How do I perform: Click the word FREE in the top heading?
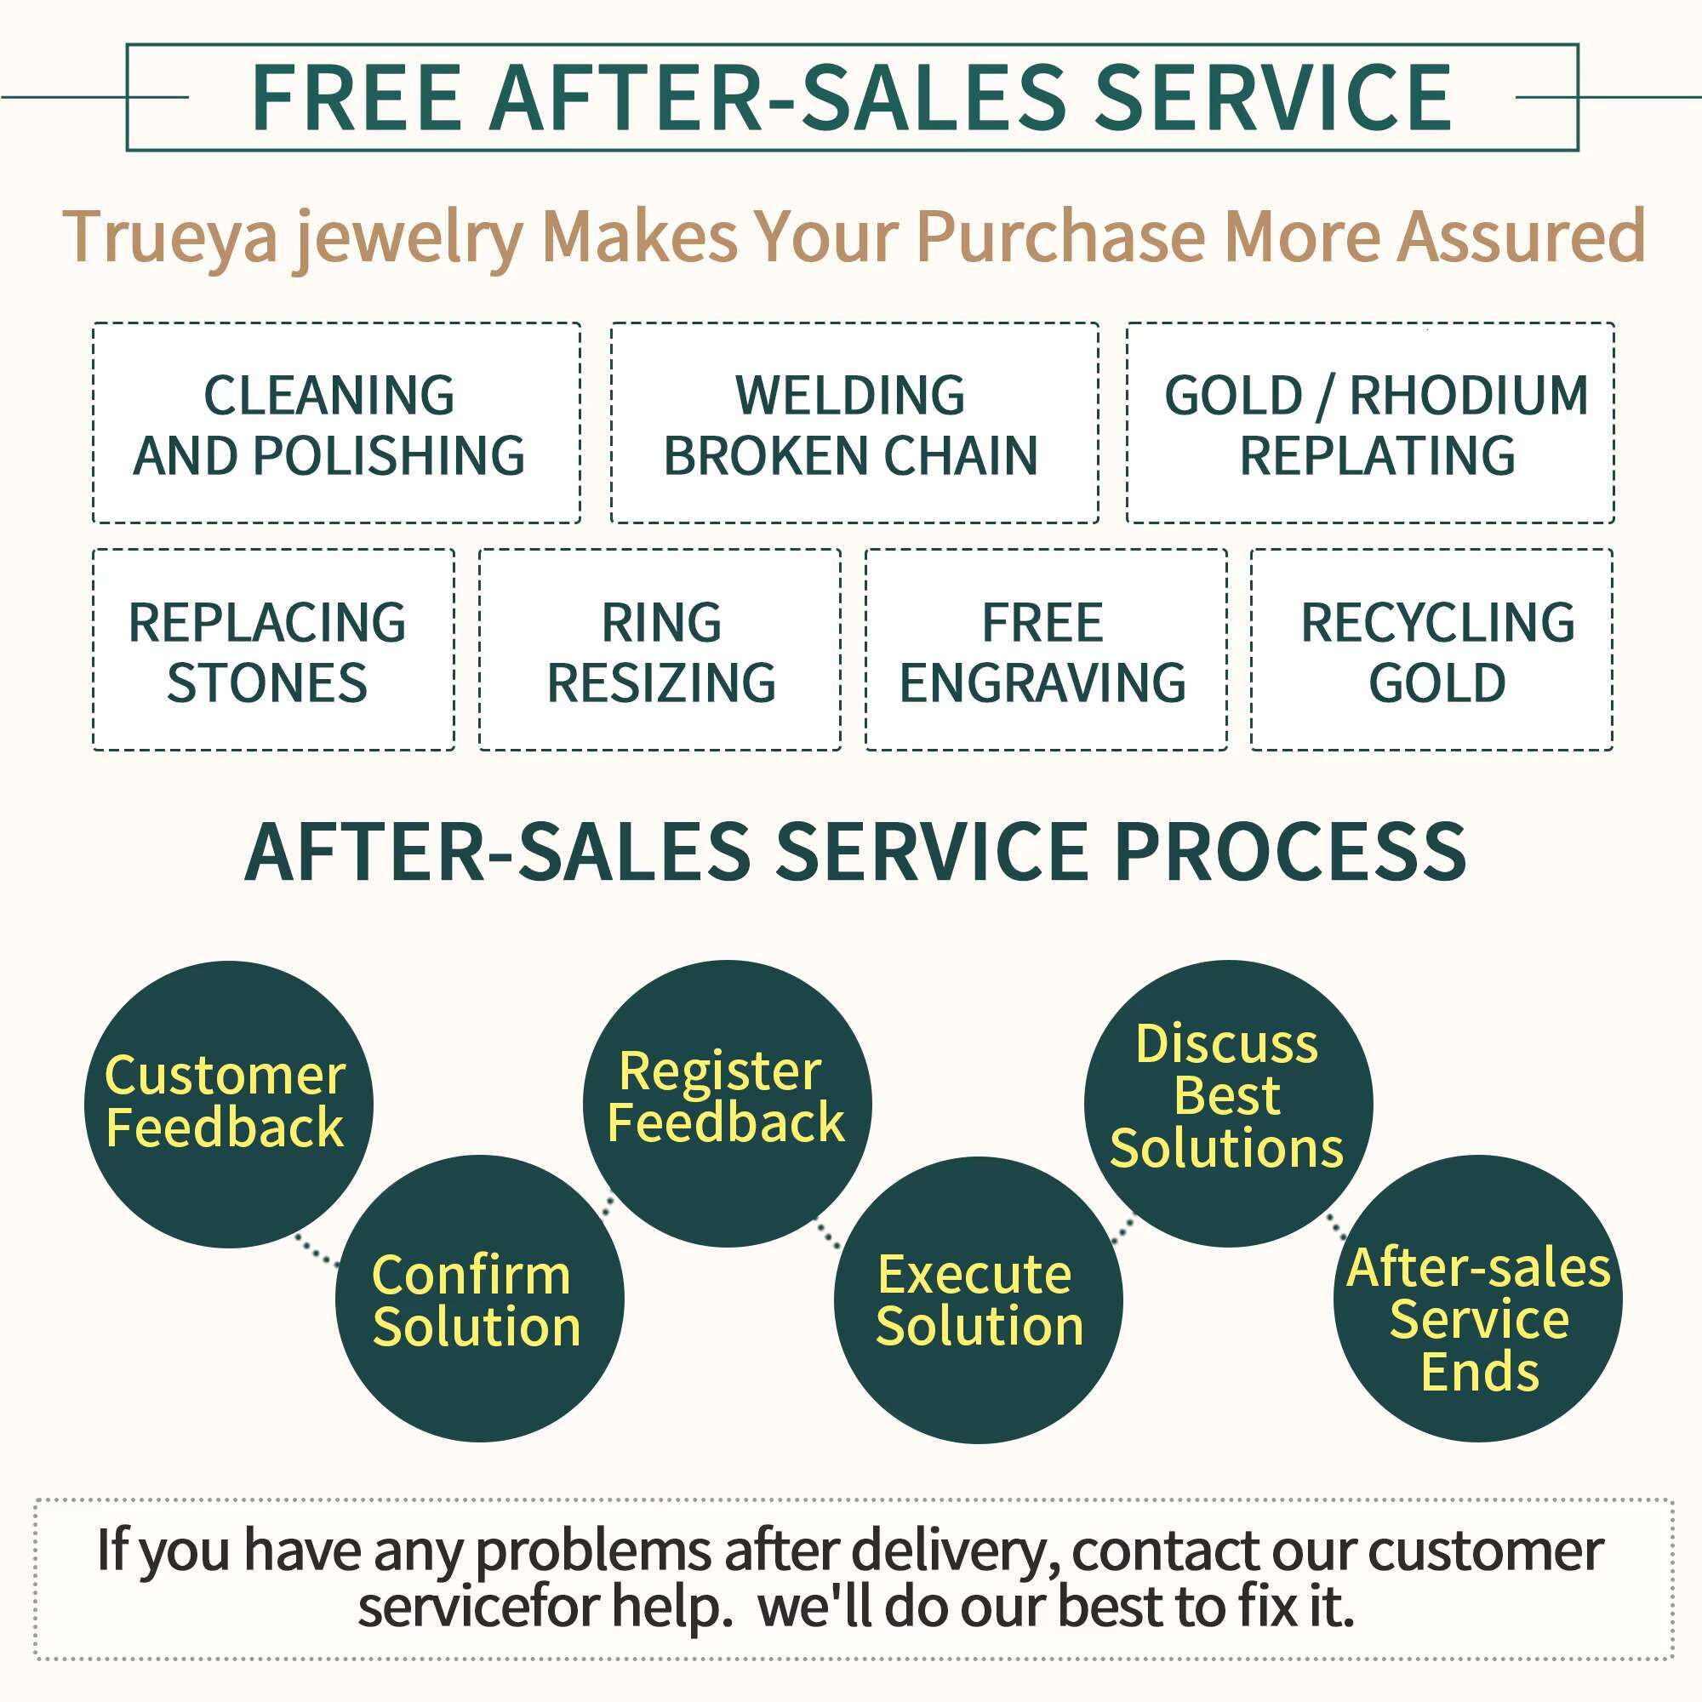coord(356,98)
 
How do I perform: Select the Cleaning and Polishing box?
coord(335,423)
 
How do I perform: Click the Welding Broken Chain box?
coord(854,423)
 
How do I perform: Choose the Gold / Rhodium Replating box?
coord(1370,423)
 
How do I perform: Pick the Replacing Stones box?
coord(273,650)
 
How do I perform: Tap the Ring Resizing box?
coord(660,650)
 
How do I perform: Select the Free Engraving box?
coord(1046,650)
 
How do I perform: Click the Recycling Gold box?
coord(1431,650)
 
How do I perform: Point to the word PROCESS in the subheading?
coord(1290,852)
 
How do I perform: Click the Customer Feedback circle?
coord(228,1104)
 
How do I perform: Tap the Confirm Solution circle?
coord(479,1299)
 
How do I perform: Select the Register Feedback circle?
coord(727,1103)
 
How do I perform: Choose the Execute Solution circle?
coord(978,1299)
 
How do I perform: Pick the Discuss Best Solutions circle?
coord(1227,1103)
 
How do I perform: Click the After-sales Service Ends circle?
coord(1477,1299)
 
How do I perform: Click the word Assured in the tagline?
coord(1522,236)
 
